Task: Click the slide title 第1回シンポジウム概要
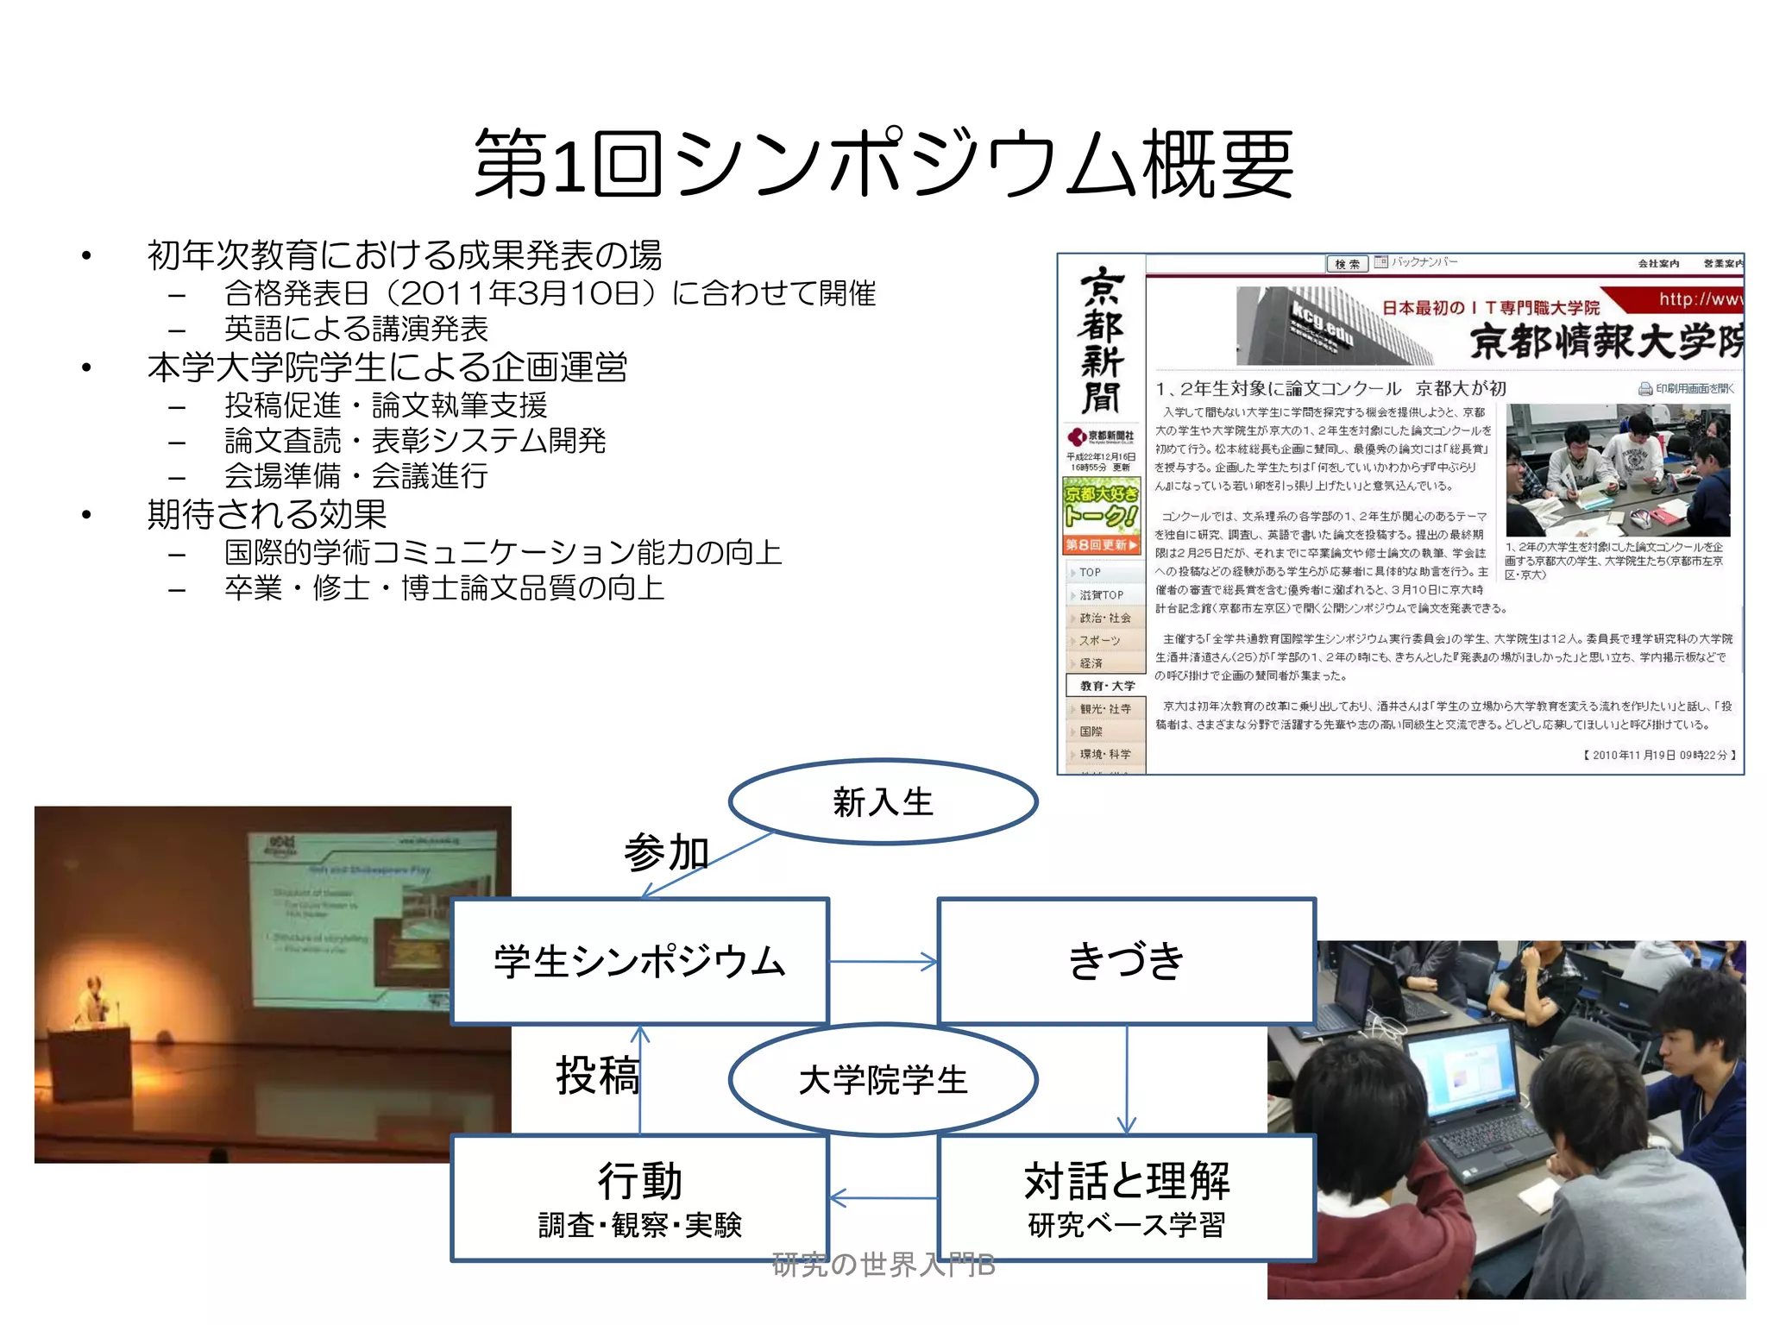click(x=883, y=164)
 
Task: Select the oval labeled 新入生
click(x=883, y=802)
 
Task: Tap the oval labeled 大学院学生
click(x=883, y=1080)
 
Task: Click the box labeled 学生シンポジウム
click(x=639, y=962)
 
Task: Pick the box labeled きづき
click(x=1126, y=962)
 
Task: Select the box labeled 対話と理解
click(x=1126, y=1198)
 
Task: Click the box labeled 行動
click(x=639, y=1198)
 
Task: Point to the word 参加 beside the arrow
click(x=666, y=853)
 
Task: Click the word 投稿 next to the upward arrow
click(x=597, y=1076)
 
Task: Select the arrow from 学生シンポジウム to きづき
click(x=883, y=962)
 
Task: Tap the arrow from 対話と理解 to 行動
click(x=883, y=1198)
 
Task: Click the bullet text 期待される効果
click(x=267, y=515)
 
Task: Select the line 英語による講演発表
click(x=355, y=329)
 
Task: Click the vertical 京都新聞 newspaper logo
click(x=1101, y=341)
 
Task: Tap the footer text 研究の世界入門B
click(x=883, y=1265)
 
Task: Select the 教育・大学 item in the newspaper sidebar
click(x=1106, y=686)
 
